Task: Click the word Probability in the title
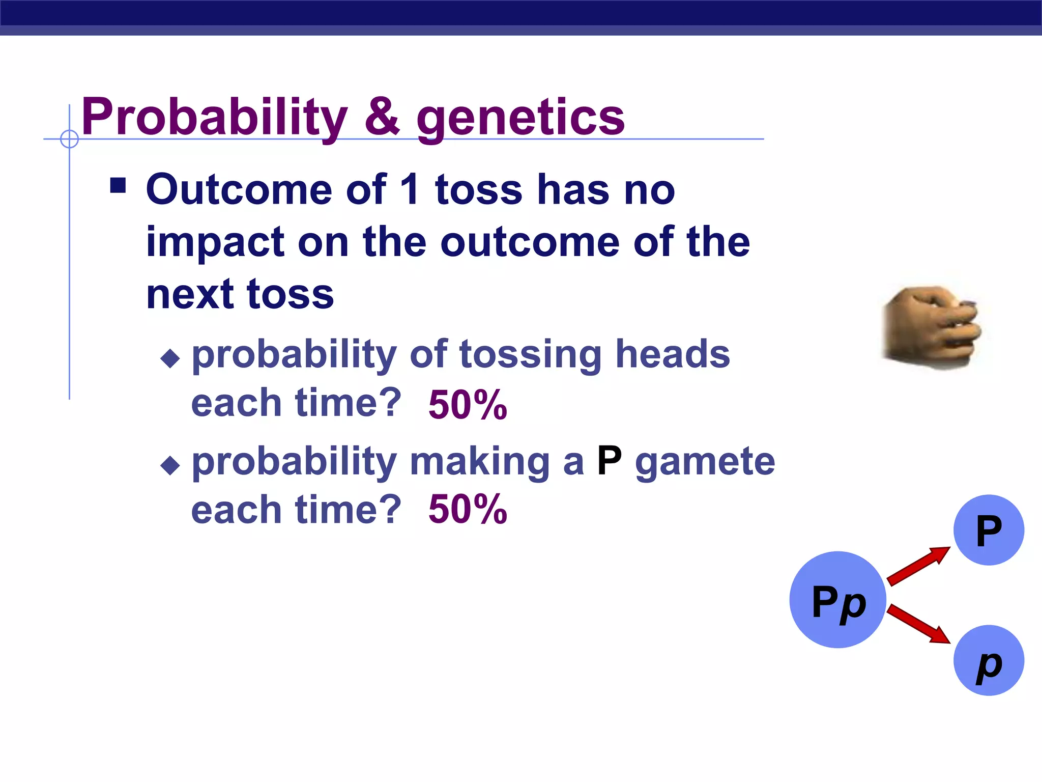tap(214, 118)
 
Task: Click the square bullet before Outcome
tap(118, 185)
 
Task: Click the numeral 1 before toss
tap(410, 189)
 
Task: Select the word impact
tap(214, 243)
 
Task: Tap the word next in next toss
tap(189, 295)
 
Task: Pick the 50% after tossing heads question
tap(468, 405)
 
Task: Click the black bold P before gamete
tap(609, 461)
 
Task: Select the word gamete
tap(705, 462)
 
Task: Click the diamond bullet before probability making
tap(170, 465)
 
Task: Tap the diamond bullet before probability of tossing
tap(170, 358)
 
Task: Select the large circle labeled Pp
tap(837, 600)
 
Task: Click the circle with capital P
tap(988, 530)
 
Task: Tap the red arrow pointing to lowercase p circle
tap(918, 624)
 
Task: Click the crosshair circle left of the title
tap(69, 139)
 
